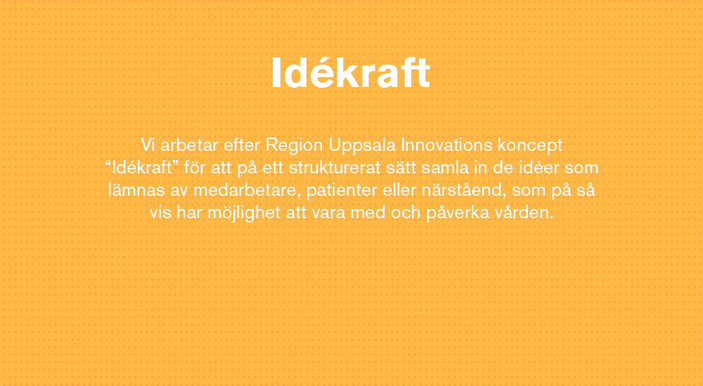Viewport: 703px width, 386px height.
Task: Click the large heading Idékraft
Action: click(351, 73)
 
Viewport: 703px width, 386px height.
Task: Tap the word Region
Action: click(294, 146)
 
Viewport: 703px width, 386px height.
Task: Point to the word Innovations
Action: click(446, 145)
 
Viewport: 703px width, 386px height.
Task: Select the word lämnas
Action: click(136, 190)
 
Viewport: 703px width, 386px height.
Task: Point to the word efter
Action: click(242, 145)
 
